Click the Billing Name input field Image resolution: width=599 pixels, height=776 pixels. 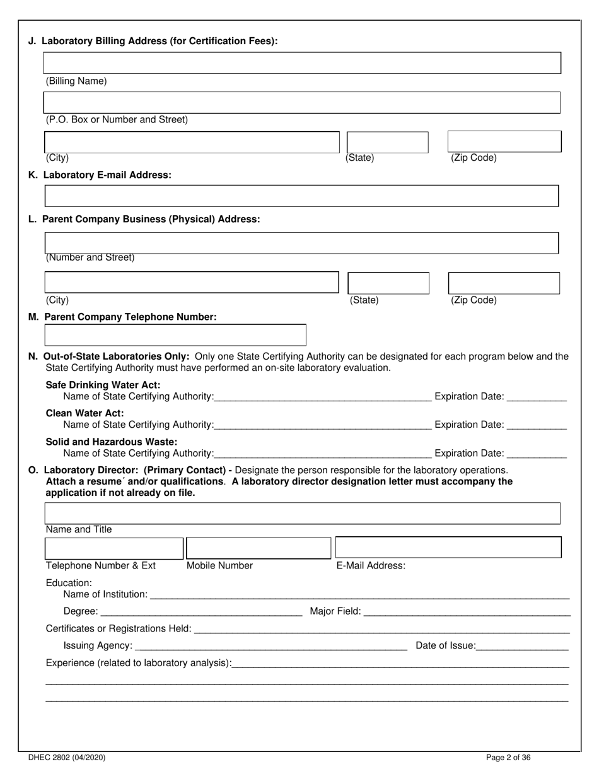301,63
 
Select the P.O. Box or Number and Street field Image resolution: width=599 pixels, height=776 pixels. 301,102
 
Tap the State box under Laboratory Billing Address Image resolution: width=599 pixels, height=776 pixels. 387,142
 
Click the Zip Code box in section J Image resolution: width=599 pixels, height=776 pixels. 504,141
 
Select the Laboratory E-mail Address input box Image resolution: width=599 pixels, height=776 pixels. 301,196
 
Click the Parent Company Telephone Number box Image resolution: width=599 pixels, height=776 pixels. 175,335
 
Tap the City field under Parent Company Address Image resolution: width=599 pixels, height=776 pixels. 192,282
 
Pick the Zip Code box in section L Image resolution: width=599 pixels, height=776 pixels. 503,283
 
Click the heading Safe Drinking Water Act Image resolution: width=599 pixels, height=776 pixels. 103,385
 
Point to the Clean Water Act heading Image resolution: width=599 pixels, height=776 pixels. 85,413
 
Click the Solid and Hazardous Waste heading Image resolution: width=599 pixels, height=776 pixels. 112,442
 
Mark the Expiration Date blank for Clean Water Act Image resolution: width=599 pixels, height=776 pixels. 537,425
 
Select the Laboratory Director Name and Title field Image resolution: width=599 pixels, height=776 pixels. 301,514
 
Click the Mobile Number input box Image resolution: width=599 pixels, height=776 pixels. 259,548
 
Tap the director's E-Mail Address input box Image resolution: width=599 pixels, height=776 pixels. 448,547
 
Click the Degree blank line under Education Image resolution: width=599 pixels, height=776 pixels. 201,611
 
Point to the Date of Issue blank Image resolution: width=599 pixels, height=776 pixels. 523,645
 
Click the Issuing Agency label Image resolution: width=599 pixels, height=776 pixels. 98,645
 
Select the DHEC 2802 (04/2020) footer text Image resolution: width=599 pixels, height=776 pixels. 67,758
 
